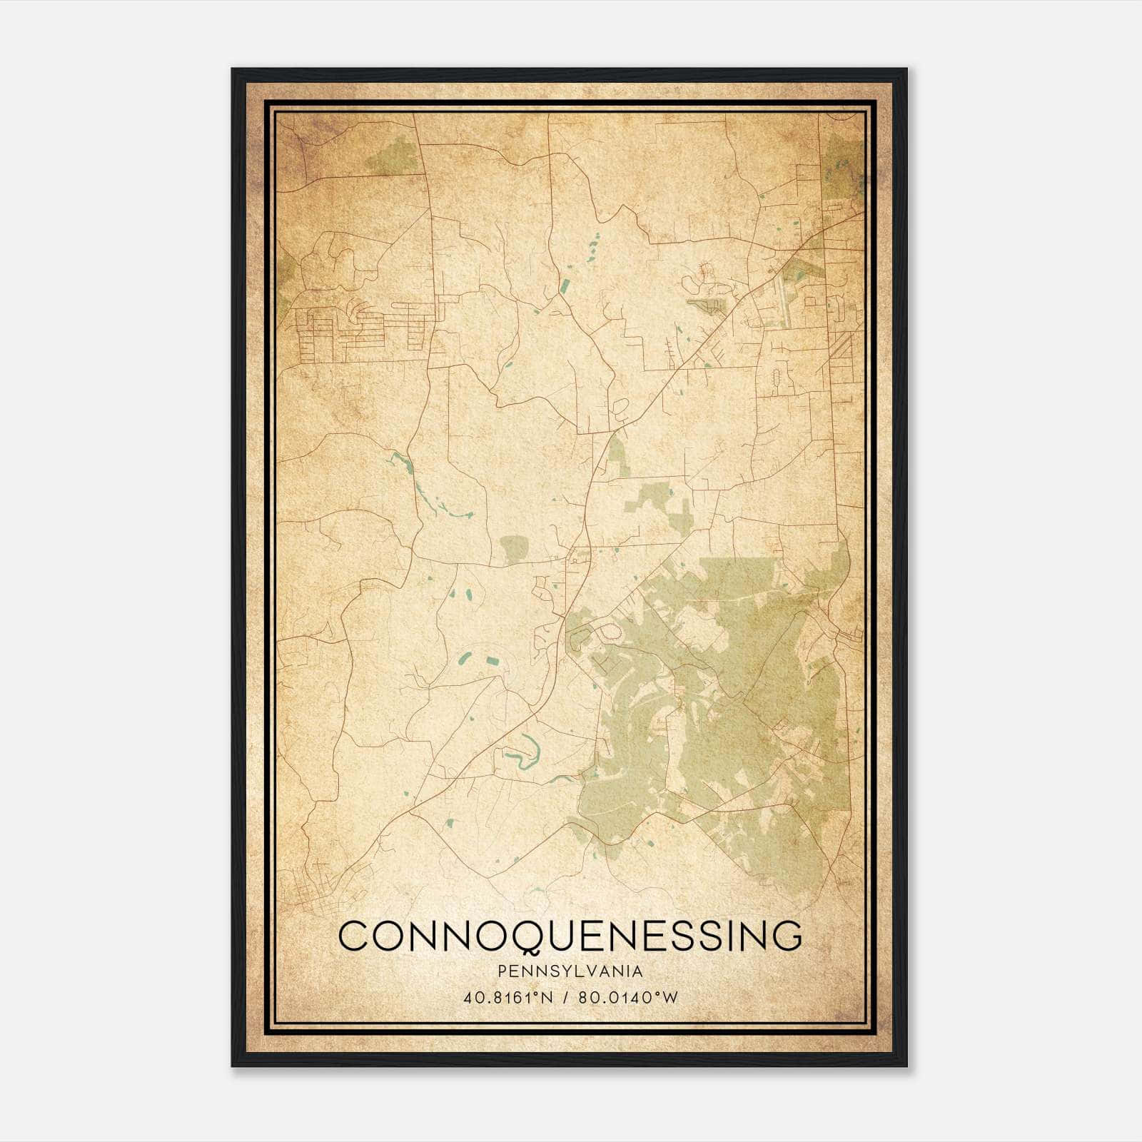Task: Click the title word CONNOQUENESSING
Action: pos(570,936)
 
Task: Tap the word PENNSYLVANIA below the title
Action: pos(570,971)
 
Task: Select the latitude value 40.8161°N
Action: pos(508,998)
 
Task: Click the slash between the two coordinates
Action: pos(567,998)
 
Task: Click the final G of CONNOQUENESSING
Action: pos(786,936)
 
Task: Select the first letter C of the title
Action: pos(355,936)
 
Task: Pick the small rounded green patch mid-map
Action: pos(512,550)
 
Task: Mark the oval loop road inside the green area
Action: pos(611,632)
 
